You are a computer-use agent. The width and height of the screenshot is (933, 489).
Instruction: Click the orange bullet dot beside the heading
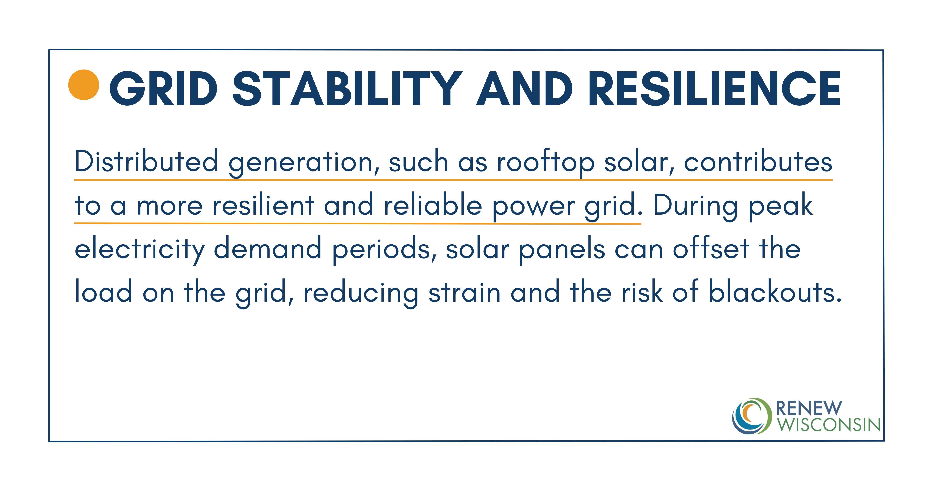tap(84, 85)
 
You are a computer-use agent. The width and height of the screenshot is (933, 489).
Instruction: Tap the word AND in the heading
tap(524, 89)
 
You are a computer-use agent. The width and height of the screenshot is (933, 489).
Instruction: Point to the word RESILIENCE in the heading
tap(715, 89)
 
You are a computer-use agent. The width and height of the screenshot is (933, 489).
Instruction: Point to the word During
tap(695, 207)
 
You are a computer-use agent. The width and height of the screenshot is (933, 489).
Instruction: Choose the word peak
tap(780, 207)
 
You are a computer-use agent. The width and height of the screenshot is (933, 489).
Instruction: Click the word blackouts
tap(775, 291)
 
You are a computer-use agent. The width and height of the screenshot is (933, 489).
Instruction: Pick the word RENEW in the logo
tap(809, 408)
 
